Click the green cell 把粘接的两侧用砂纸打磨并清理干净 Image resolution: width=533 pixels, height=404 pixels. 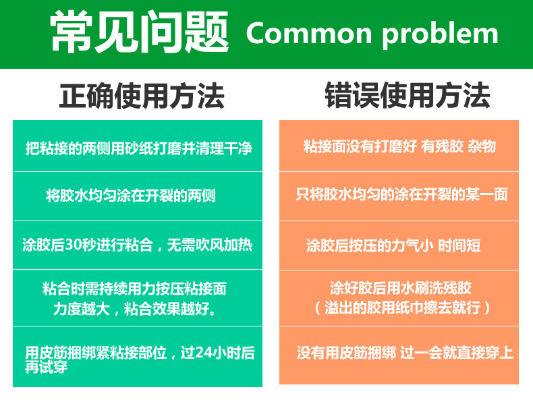[x=138, y=147]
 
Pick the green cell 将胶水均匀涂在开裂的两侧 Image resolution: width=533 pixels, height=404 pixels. [x=131, y=196]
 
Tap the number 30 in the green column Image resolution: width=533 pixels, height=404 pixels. [x=74, y=244]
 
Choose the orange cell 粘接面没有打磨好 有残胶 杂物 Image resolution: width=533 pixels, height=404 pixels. [x=399, y=146]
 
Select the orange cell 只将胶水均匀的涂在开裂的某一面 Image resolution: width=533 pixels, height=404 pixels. [x=401, y=195]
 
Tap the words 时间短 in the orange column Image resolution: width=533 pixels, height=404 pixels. [x=459, y=245]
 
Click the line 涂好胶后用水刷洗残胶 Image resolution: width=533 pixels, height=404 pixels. [x=400, y=288]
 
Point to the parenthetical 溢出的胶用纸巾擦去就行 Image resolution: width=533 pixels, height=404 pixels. [x=402, y=308]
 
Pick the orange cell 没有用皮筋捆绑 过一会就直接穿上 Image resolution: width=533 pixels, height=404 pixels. [x=405, y=353]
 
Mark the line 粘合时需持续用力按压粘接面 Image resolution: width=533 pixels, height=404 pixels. [x=134, y=289]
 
